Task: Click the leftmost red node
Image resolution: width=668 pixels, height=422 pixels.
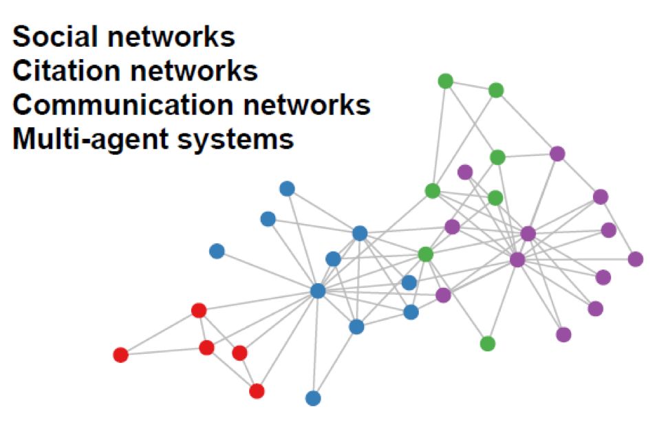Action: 120,355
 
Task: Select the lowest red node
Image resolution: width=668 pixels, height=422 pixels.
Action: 257,391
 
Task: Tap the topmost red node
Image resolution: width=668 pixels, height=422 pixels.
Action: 199,311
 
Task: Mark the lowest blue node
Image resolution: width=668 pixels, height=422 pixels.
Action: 313,398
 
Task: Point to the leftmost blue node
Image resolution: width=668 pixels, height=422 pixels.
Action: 217,252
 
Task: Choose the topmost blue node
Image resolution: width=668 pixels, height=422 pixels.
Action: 287,188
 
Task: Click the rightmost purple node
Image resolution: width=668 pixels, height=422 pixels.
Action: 636,259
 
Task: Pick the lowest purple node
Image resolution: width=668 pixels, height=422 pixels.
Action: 563,335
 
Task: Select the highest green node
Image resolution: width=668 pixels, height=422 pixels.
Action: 446,81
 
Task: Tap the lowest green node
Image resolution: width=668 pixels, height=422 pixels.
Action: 488,344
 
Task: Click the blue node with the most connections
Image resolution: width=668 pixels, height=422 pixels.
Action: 318,291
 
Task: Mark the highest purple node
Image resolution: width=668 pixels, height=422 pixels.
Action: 557,154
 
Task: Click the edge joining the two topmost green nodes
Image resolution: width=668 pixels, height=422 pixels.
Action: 471,85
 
